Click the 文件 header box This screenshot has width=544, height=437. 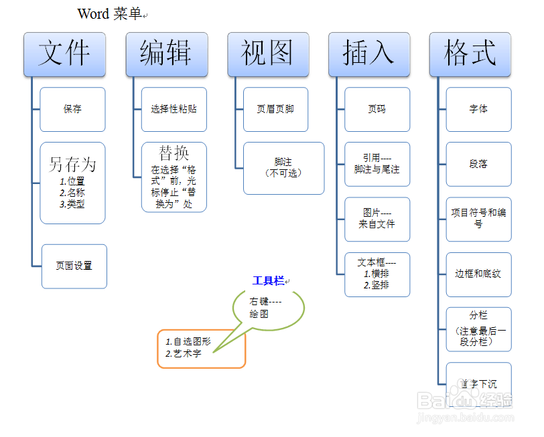[x=64, y=54]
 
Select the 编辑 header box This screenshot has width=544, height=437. [x=167, y=54]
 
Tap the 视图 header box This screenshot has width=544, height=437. [x=268, y=54]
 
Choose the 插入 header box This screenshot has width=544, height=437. [x=369, y=54]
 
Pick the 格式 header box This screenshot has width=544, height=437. [x=470, y=54]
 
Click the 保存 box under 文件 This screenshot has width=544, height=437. [x=72, y=110]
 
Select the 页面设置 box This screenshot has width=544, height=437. [x=74, y=266]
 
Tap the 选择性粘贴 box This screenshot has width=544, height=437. [x=174, y=110]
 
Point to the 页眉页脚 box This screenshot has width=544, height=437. [x=276, y=110]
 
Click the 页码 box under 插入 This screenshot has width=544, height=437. [x=377, y=110]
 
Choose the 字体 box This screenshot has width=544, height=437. [x=479, y=110]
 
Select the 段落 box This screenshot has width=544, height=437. [x=479, y=164]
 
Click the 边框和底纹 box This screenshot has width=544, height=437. [x=479, y=274]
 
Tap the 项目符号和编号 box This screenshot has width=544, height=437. [x=479, y=220]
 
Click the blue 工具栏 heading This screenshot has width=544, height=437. [x=269, y=280]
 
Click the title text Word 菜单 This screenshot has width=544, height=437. [x=110, y=14]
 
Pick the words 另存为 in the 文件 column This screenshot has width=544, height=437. [x=72, y=164]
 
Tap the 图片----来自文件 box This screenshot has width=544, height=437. [x=377, y=220]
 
